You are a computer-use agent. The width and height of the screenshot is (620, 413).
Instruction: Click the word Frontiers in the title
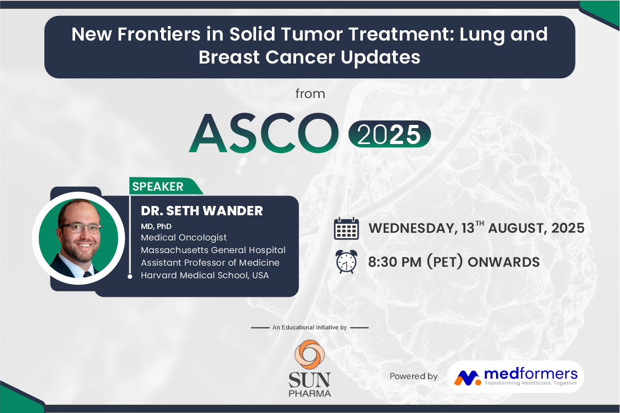[x=159, y=35]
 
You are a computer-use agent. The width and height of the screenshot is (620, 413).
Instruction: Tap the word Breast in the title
[x=229, y=57]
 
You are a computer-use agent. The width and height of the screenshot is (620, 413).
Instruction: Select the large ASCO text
[x=264, y=133]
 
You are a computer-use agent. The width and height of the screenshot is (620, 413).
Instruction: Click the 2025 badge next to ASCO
[x=389, y=134]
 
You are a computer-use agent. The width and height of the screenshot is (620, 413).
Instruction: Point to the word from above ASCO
[x=310, y=94]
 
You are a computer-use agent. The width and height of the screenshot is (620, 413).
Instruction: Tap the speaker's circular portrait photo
[x=79, y=238]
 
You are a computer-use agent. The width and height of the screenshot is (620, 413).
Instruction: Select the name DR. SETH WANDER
[x=202, y=211]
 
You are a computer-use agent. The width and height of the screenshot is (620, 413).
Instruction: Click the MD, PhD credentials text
[x=156, y=226]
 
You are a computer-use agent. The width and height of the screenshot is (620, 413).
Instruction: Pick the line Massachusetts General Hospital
[x=213, y=250]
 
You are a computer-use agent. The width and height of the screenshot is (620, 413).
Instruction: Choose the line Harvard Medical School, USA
[x=205, y=275]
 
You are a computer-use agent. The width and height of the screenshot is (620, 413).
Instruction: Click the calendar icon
[x=346, y=228]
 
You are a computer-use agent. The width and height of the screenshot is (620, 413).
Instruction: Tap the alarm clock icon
[x=346, y=262]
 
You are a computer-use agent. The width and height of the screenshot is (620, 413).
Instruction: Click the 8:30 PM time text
[x=395, y=262]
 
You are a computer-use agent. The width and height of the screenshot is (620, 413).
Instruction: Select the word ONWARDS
[x=504, y=262]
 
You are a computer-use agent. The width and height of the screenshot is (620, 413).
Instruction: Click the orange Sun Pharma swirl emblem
[x=310, y=354]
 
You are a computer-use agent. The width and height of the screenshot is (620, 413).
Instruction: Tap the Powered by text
[x=413, y=376]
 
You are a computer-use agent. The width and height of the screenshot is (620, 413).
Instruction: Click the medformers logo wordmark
[x=531, y=374]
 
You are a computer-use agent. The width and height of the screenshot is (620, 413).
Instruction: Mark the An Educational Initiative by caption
[x=310, y=327]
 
